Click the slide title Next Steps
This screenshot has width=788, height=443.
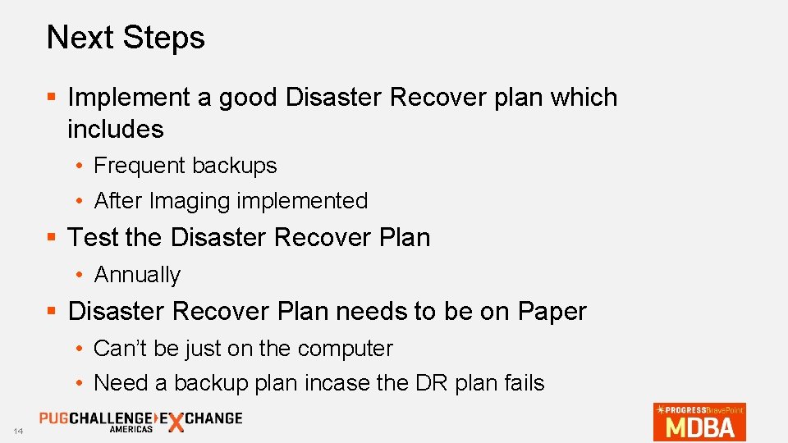click(126, 38)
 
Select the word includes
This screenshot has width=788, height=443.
click(115, 129)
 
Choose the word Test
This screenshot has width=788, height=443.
click(93, 238)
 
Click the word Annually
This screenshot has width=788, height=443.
click(137, 275)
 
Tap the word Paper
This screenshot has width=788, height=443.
click(552, 312)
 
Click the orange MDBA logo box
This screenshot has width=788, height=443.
click(699, 422)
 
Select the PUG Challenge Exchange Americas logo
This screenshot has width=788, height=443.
click(140, 421)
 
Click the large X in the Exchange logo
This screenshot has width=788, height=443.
click(175, 422)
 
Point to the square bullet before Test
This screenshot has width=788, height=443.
click(51, 238)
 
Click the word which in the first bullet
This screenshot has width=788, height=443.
click(584, 98)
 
